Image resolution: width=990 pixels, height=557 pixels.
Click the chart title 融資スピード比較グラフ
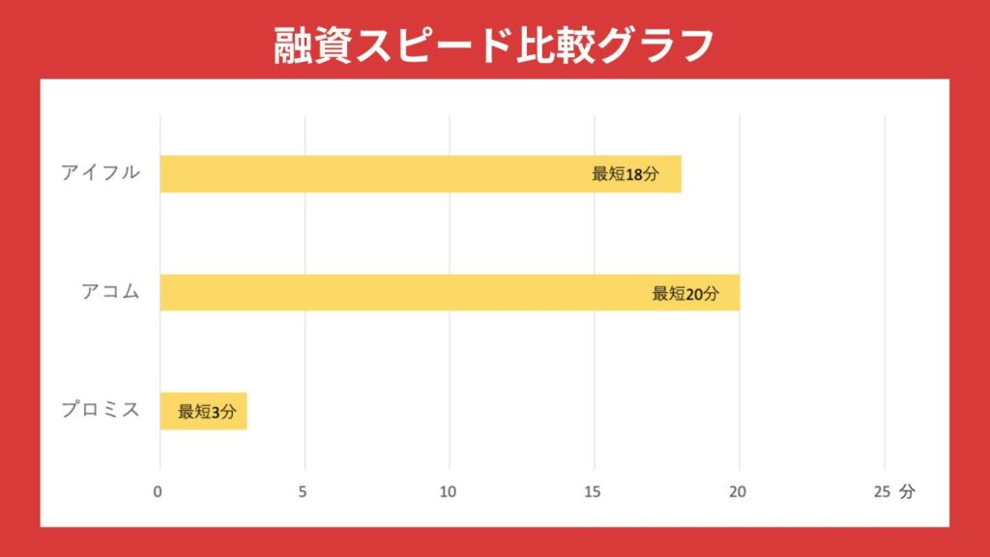tap(494, 43)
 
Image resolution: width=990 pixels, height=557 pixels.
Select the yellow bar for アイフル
tap(387, 174)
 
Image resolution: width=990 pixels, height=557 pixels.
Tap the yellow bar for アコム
tap(406, 292)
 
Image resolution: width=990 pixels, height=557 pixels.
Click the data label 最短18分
tap(626, 174)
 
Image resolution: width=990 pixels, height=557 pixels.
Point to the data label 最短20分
tap(685, 293)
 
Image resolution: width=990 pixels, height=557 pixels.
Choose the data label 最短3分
tap(207, 412)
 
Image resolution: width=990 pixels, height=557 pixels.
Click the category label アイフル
tap(101, 173)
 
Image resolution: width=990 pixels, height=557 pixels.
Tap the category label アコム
tap(111, 292)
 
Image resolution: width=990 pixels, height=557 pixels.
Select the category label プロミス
tap(101, 410)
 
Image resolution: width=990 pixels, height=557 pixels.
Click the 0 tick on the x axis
tap(159, 492)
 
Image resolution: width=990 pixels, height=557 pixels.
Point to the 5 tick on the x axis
tap(304, 492)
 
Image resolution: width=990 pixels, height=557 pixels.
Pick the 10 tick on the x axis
tap(448, 492)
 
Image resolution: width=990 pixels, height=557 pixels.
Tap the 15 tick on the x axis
tap(593, 492)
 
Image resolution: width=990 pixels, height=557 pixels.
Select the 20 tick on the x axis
tap(738, 492)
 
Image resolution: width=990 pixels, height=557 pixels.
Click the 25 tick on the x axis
tap(882, 492)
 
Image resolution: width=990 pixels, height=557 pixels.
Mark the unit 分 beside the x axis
tap(906, 492)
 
